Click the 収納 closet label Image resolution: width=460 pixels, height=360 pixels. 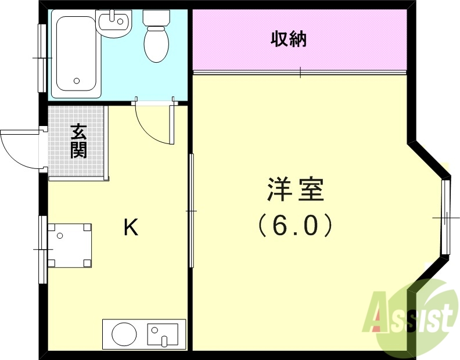pos(288,40)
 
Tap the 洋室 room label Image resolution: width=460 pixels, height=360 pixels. pos(295,190)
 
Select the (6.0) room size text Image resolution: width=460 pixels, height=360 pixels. pos(295,225)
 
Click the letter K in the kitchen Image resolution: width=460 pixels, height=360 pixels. pos(131,228)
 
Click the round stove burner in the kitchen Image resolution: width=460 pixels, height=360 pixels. pos(124,334)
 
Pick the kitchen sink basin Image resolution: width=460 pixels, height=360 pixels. pos(163,334)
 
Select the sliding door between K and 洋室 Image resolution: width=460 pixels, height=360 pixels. pos(191,210)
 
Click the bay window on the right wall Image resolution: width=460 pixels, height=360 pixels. pos(445,217)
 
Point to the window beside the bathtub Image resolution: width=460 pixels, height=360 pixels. pos(42,57)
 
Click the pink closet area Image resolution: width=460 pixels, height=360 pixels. pos(348,40)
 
